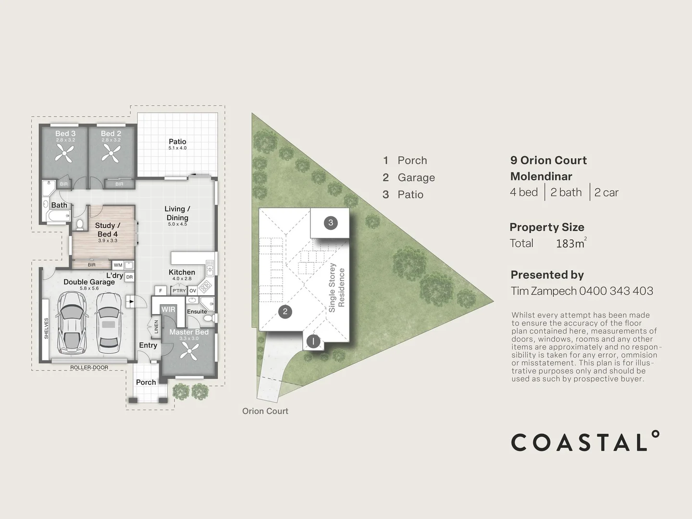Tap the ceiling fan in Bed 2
coord(111,154)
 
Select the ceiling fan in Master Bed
coord(189,351)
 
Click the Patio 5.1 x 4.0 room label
coord(177,144)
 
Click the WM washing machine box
coord(118,265)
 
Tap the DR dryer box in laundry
coord(130,277)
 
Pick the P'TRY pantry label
coord(179,291)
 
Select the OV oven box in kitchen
coord(193,291)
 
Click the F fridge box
coord(161,290)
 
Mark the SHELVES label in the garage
coord(46,329)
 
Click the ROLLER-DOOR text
coord(89,368)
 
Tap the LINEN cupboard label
coord(156,327)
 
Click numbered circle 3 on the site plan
coord(331,223)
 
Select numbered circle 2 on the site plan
coord(285,312)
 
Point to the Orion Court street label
coord(265,411)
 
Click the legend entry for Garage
coord(408,177)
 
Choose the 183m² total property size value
coord(571,243)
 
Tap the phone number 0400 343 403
coord(616,291)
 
